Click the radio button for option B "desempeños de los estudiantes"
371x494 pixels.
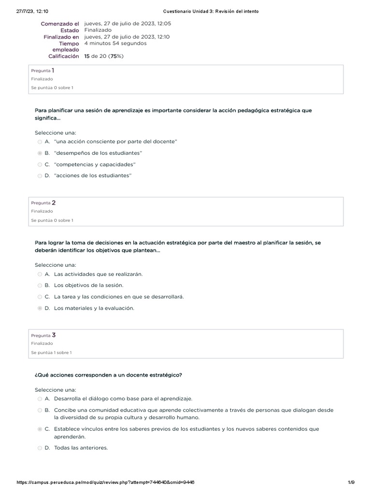tap(40, 153)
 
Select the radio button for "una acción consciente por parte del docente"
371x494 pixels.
tap(40, 142)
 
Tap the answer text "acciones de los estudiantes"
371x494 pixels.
tap(93, 176)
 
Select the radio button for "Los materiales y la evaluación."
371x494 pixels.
tap(40, 308)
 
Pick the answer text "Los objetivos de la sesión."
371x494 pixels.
tap(88, 286)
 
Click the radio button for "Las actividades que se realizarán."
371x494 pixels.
tap(40, 274)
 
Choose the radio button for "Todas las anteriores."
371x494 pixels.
tap(40, 448)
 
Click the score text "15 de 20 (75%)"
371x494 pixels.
tap(104, 56)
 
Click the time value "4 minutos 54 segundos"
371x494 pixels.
tap(115, 43)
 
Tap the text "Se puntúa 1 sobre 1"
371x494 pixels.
tap(51, 353)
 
